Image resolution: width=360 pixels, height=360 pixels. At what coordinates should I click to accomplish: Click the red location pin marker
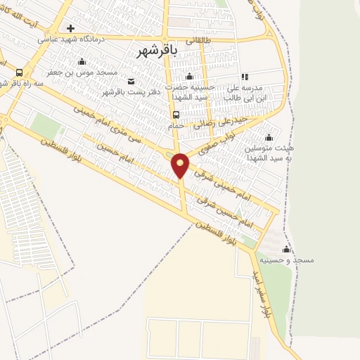[x=180, y=165]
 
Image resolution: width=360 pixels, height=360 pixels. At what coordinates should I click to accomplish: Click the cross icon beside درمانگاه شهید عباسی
[x=70, y=28]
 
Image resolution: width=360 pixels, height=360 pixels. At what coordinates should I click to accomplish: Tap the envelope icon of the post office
[x=131, y=81]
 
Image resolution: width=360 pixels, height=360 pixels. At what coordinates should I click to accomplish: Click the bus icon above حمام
[x=176, y=115]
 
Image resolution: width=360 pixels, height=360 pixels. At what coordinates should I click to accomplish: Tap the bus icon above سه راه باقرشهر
[x=18, y=72]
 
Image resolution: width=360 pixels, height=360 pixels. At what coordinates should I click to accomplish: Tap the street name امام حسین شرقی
[x=226, y=210]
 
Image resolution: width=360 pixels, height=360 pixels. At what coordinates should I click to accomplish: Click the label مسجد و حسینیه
[x=286, y=259]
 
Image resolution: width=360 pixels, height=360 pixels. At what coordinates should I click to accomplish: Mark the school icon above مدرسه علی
[x=244, y=77]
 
